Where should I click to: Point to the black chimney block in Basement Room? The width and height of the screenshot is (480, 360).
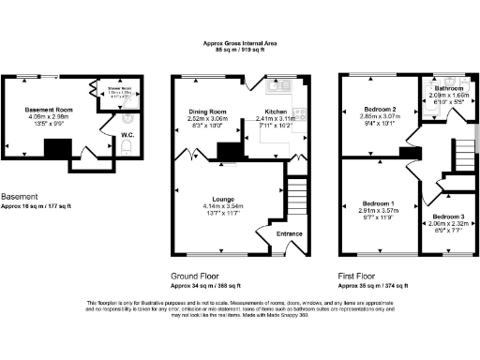pos(59,148)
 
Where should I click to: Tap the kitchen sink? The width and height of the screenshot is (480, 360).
pos(278,87)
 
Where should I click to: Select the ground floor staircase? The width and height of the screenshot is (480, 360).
pos(295,199)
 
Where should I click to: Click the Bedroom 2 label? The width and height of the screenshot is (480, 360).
pos(381,110)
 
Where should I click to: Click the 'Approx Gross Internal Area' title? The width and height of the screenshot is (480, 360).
pos(239,43)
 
